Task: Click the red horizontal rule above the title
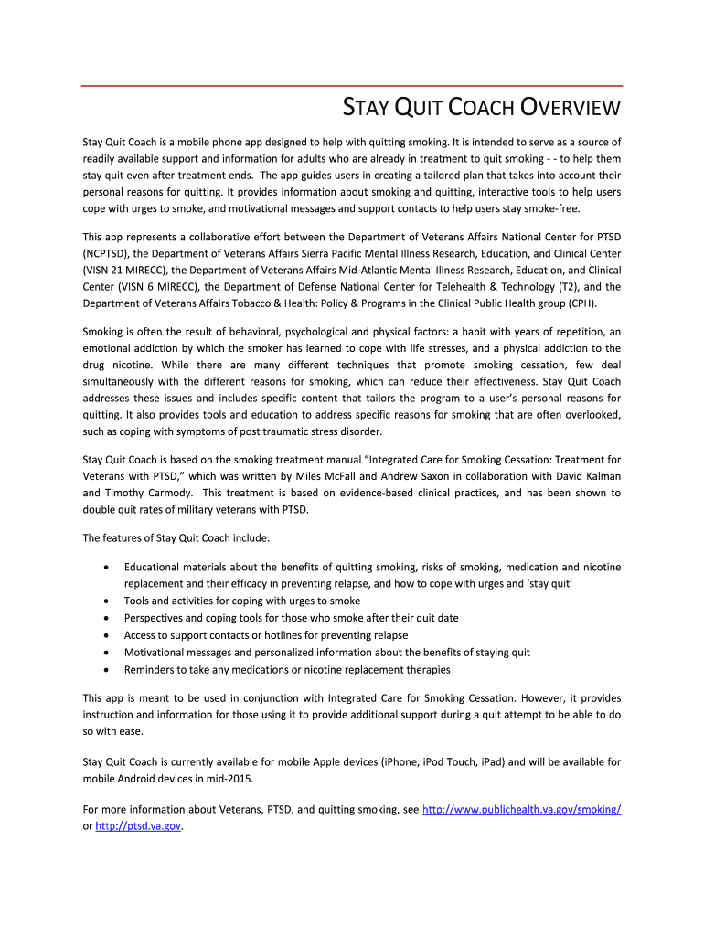[352, 86]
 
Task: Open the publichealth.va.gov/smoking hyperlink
[521, 810]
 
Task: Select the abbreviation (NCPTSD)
[115, 253]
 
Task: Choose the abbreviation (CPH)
[581, 303]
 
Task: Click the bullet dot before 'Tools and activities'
[106, 601]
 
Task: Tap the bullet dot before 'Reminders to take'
[106, 670]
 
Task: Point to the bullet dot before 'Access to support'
[106, 635]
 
